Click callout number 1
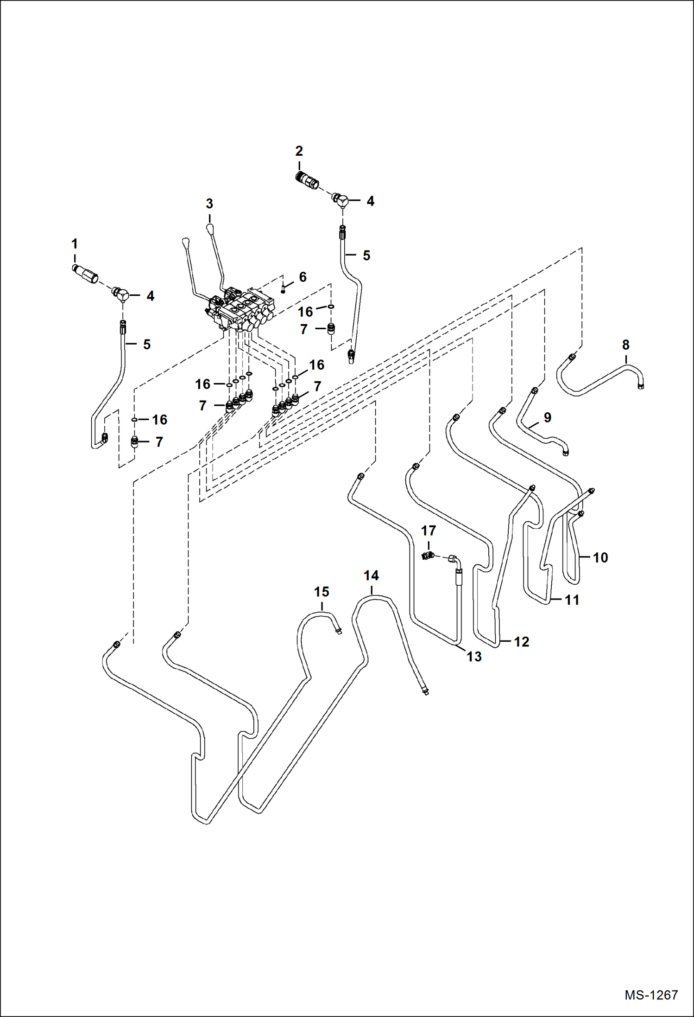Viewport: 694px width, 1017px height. pyautogui.click(x=74, y=243)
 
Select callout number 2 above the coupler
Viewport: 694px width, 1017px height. pyautogui.click(x=299, y=151)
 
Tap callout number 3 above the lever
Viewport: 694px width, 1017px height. pyautogui.click(x=209, y=203)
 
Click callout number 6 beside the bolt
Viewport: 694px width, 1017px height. pyautogui.click(x=303, y=277)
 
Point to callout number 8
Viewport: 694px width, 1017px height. pyautogui.click(x=626, y=345)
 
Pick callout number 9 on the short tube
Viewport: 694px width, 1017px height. pyautogui.click(x=548, y=417)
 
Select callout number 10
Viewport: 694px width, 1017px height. pyautogui.click(x=600, y=557)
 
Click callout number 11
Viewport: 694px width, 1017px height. pyautogui.click(x=572, y=600)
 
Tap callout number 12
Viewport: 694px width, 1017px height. pyautogui.click(x=522, y=642)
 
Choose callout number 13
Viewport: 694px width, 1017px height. pyautogui.click(x=474, y=657)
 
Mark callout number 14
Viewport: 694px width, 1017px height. pyautogui.click(x=371, y=576)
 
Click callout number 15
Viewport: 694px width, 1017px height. pyautogui.click(x=322, y=592)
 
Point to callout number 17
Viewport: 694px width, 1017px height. pyautogui.click(x=429, y=530)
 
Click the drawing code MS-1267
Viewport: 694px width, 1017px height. pyautogui.click(x=651, y=995)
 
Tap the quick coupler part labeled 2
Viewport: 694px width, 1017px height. pyautogui.click(x=307, y=180)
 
